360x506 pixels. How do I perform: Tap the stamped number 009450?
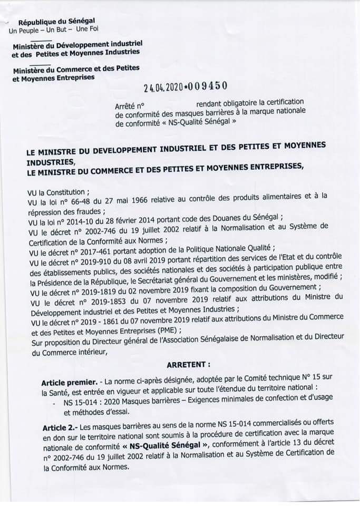pos(206,89)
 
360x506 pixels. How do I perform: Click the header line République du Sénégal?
pos(56,22)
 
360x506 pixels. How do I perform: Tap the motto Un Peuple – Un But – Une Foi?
pos(54,30)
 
